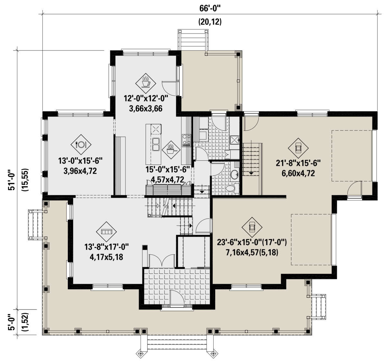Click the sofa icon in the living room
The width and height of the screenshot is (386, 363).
(106, 232)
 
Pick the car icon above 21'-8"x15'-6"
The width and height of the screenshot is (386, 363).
(298, 148)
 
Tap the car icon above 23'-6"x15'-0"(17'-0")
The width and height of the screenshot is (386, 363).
(252, 227)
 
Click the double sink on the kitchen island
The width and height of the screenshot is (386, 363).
(156, 144)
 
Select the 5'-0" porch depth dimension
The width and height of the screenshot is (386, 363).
(13, 322)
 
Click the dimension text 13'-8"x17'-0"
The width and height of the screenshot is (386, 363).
(106, 247)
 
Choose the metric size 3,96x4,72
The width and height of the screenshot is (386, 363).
(80, 171)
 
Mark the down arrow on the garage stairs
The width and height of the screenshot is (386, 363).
(250, 173)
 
